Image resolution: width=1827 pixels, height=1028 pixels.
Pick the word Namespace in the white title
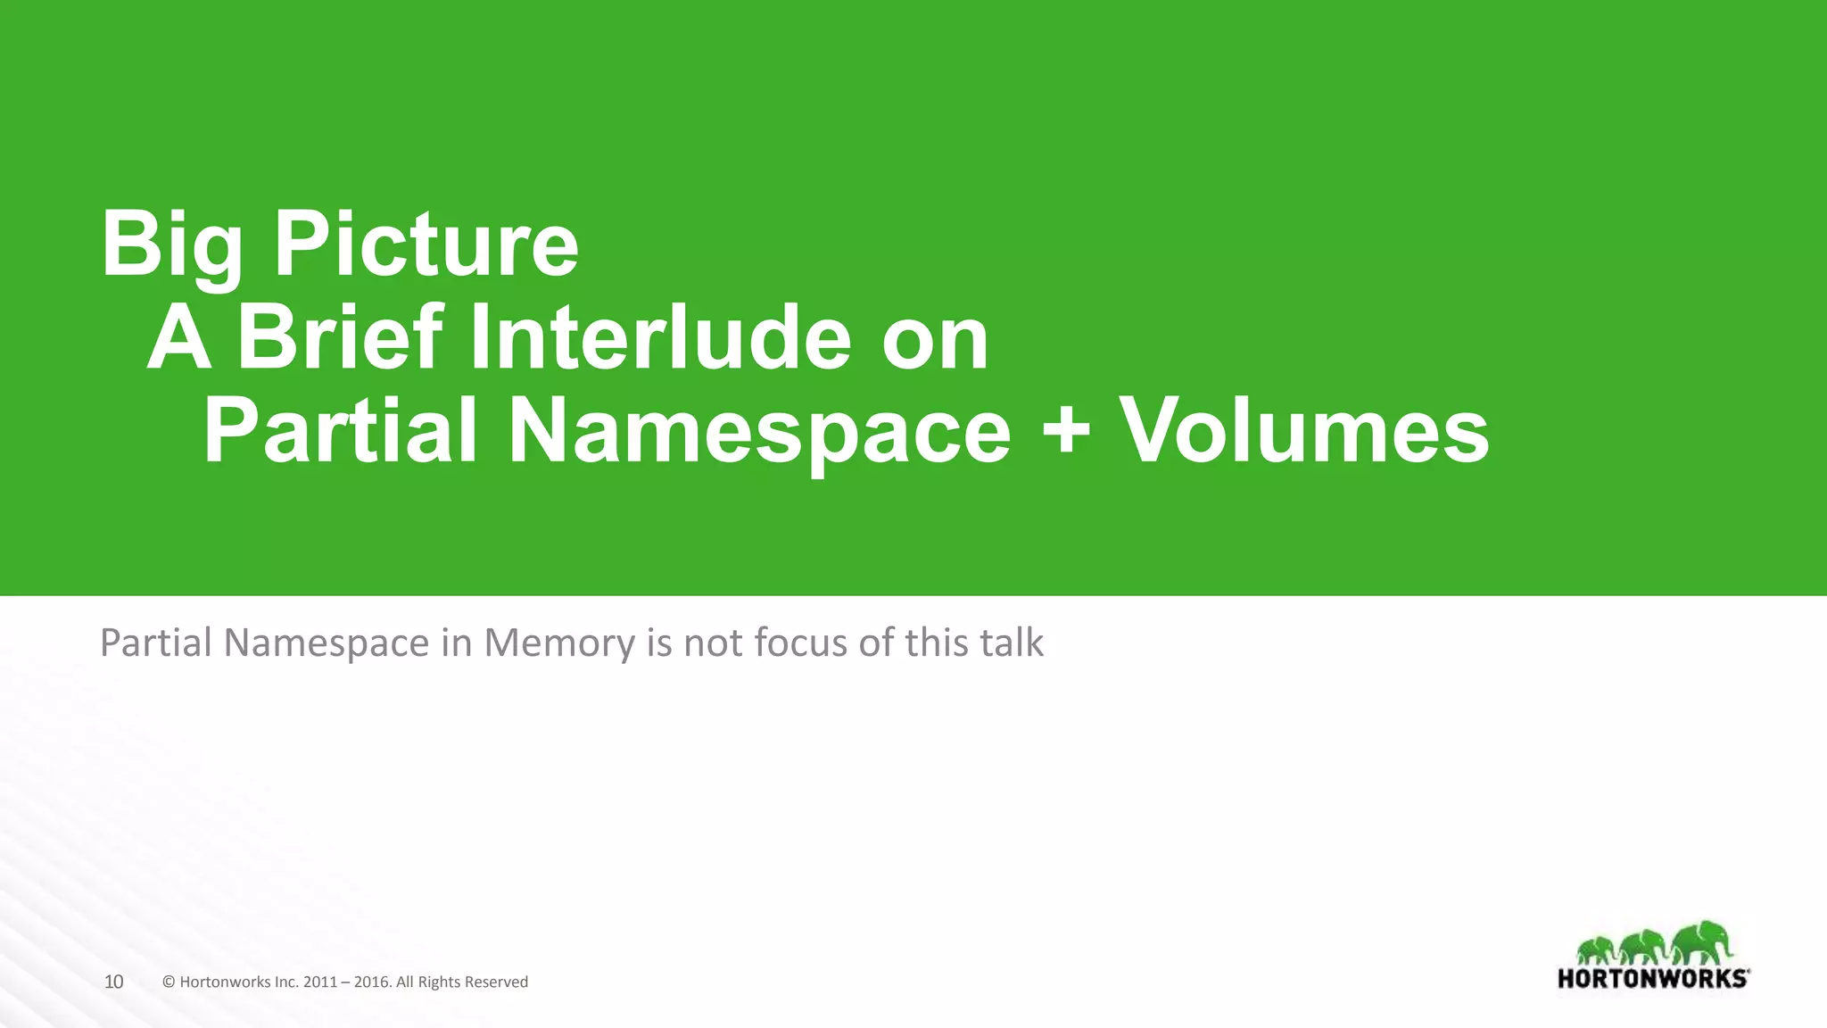[758, 433]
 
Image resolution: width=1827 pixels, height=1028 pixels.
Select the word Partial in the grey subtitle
[155, 642]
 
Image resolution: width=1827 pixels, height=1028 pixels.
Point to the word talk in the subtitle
[1012, 642]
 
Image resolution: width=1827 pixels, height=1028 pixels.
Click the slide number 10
[113, 982]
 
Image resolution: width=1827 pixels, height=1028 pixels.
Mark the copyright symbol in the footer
[169, 982]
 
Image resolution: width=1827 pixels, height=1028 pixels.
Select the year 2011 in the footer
[320, 982]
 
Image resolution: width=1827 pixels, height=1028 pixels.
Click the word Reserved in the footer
[496, 982]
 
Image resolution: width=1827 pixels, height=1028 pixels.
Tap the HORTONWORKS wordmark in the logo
[1653, 978]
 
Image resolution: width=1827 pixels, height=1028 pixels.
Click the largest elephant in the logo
[1704, 943]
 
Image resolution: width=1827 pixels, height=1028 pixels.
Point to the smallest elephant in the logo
[1595, 950]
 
